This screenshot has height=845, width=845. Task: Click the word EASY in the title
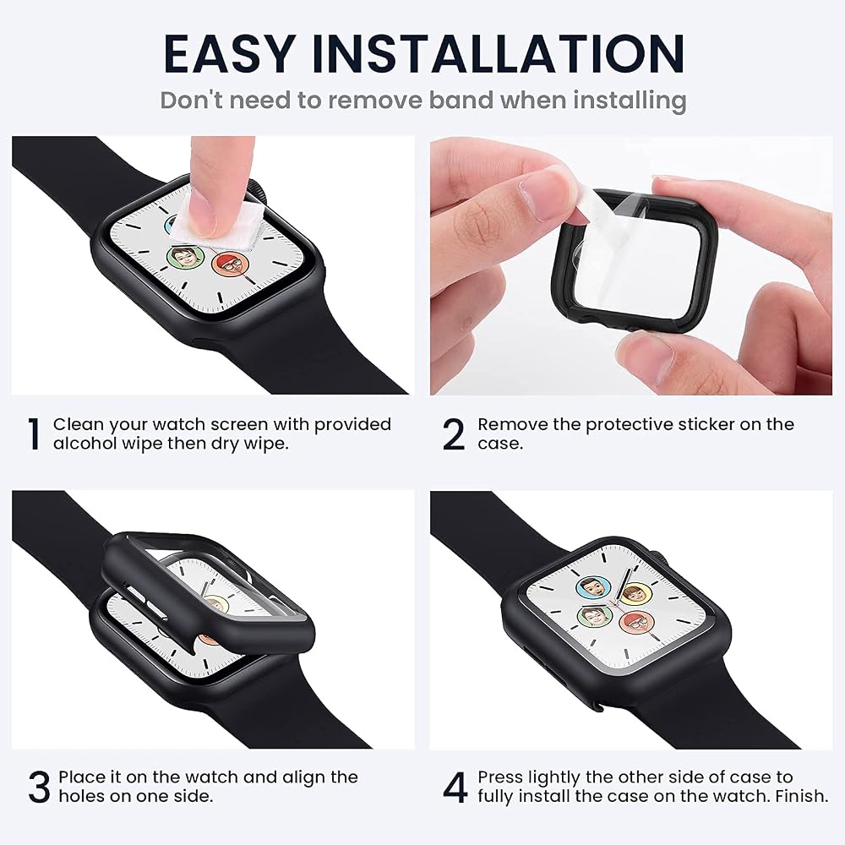(230, 53)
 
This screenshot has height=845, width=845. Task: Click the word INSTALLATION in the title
(499, 53)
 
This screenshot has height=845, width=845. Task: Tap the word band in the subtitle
(461, 101)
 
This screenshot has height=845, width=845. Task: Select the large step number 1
(35, 433)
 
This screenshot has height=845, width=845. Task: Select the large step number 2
(453, 433)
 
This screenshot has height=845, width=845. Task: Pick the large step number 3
(39, 788)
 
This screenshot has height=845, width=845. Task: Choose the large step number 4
(455, 788)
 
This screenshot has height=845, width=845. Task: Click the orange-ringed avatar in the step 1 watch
(231, 265)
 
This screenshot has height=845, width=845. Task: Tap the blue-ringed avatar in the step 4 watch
(593, 588)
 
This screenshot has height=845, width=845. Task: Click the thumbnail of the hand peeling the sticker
(631, 265)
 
